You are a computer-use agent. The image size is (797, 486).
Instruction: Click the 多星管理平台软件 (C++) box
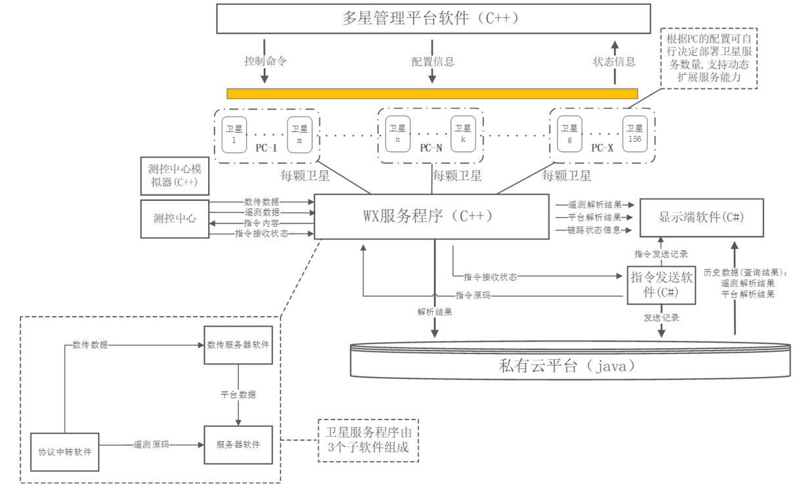(431, 18)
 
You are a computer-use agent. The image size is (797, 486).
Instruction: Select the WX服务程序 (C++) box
(431, 217)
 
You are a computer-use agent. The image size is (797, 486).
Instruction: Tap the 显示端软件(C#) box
(702, 217)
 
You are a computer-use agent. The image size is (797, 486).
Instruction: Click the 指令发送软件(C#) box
(661, 285)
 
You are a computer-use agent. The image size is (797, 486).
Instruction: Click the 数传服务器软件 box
(238, 344)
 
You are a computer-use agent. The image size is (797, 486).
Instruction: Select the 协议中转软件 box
(64, 452)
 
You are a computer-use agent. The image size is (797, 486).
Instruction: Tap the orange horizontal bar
(431, 93)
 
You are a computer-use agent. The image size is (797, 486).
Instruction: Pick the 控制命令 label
(265, 61)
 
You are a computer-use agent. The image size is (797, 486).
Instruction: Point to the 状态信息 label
(614, 62)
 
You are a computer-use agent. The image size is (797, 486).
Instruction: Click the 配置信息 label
(433, 62)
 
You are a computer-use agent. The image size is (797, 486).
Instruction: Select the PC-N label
(431, 148)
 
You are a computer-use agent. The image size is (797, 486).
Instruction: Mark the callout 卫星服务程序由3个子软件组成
(368, 440)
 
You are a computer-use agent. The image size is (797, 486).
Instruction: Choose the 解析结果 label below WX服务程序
(434, 312)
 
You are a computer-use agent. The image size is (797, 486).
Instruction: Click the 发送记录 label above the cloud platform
(661, 318)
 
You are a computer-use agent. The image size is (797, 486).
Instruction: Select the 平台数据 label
(238, 395)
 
